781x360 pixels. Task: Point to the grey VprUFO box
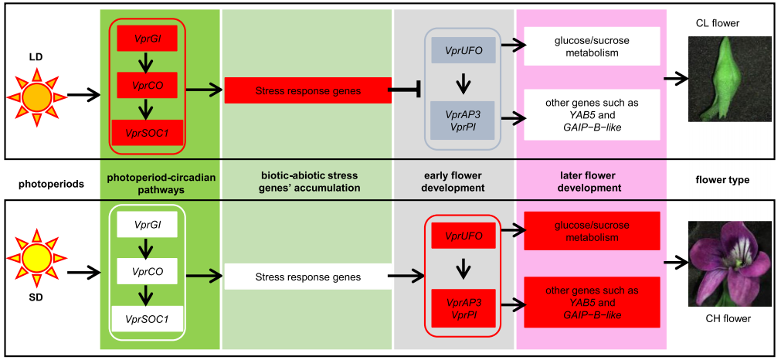464,49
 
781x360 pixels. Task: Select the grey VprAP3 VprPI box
464,120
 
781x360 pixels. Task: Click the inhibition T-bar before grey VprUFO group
406,91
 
